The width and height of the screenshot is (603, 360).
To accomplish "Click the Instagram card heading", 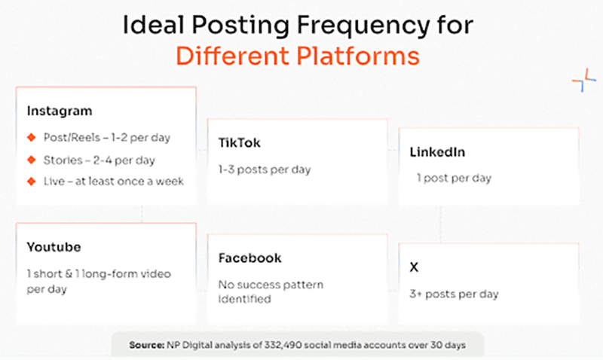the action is click(60, 111).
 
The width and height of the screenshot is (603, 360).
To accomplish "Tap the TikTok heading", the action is click(239, 143).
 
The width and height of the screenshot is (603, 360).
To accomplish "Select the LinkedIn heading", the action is click(437, 152).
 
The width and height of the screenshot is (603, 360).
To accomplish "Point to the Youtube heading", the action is click(54, 247).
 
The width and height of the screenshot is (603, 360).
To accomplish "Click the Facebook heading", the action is click(250, 258).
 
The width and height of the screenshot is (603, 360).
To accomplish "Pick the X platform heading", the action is click(414, 267).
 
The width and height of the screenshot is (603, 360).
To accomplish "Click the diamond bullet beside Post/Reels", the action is click(32, 138).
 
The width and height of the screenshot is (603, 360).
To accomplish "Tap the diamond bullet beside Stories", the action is click(32, 160).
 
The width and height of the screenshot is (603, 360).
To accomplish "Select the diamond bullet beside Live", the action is click(32, 182).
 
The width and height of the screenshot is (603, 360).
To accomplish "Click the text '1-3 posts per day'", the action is click(265, 169).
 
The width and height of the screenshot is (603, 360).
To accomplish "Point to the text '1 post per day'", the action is click(455, 178).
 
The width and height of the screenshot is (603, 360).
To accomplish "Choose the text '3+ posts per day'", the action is click(455, 294).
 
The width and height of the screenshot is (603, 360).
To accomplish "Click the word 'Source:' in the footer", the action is click(146, 345).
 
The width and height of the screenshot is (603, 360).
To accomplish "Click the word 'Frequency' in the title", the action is click(363, 26).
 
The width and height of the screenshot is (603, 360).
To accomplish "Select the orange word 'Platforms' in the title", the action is click(358, 56).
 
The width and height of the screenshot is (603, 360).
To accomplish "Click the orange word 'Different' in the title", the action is click(232, 56).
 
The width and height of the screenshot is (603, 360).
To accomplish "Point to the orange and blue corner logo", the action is click(583, 80).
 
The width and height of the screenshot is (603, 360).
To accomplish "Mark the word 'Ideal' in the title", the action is click(154, 25).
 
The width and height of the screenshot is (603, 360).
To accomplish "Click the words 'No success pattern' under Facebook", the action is click(271, 285).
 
